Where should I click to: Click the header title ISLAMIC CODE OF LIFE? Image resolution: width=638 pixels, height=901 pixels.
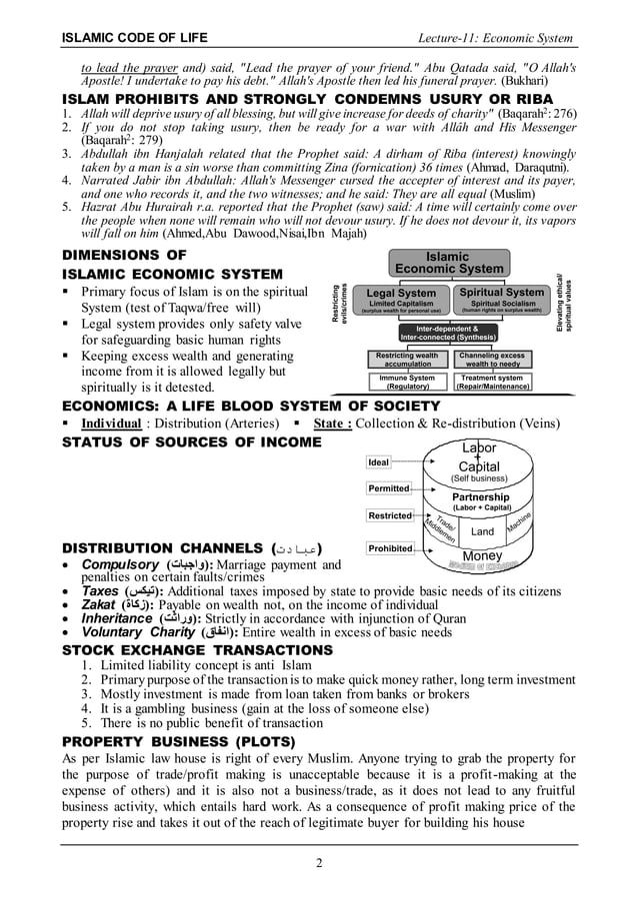click(134, 38)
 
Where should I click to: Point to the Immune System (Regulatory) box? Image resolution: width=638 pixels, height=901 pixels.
click(407, 383)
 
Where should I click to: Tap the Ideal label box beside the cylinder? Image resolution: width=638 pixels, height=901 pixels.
click(378, 462)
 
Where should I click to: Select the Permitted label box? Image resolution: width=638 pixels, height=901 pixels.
click(389, 488)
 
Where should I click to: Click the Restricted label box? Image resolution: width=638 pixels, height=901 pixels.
click(389, 515)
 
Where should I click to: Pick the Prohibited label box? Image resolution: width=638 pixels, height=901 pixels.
click(390, 548)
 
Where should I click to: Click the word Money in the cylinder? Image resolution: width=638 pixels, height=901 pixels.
click(483, 555)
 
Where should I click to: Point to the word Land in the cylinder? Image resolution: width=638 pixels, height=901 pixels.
click(482, 532)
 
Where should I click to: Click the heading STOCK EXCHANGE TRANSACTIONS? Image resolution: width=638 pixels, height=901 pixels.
click(198, 650)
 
